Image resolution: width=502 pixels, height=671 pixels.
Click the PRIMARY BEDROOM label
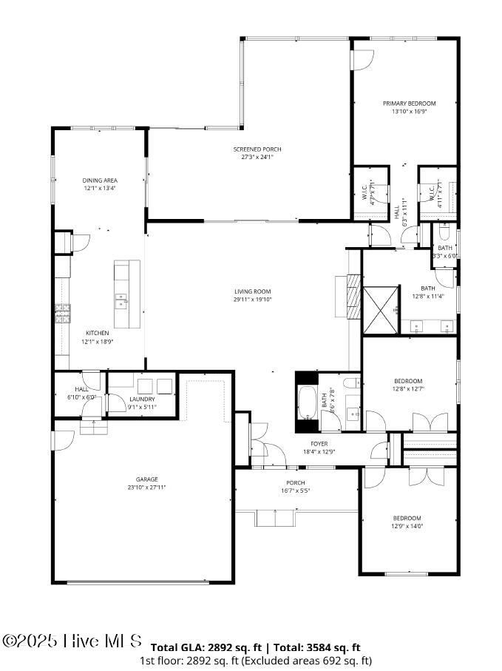click(x=409, y=104)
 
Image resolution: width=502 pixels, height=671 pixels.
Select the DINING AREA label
click(x=100, y=181)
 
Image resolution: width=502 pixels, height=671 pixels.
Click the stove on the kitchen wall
click(x=62, y=315)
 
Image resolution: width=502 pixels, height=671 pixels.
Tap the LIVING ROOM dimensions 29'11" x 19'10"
click(x=252, y=300)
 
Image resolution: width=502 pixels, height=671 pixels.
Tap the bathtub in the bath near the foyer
click(x=306, y=403)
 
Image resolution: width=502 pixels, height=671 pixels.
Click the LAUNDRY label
click(x=142, y=399)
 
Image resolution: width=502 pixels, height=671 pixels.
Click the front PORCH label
click(x=296, y=483)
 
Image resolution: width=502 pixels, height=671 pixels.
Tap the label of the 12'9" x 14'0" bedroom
click(x=407, y=518)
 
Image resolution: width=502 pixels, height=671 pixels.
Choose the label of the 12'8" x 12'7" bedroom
click(x=408, y=381)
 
